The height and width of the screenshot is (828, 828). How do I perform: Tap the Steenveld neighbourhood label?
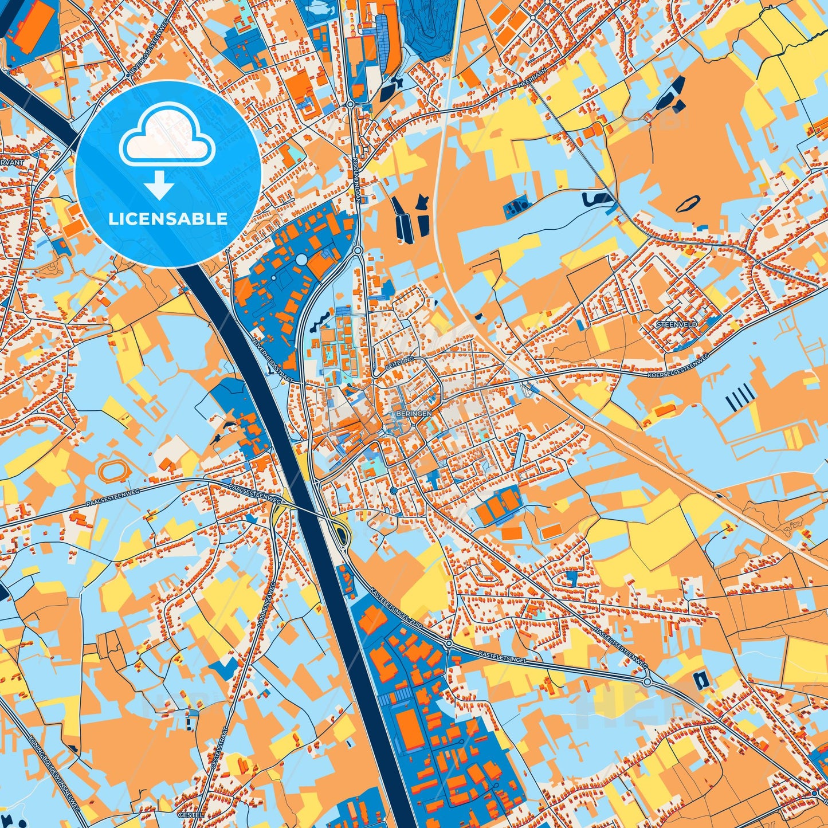pyautogui.click(x=677, y=324)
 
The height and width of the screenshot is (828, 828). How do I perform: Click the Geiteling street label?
pyautogui.click(x=400, y=360)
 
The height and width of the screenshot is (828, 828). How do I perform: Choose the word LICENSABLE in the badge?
pyautogui.click(x=168, y=219)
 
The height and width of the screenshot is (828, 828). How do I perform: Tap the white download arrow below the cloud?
pyautogui.click(x=159, y=186)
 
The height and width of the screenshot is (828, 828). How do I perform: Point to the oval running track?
pyautogui.click(x=110, y=471)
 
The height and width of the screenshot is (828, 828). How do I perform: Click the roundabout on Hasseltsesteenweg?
pyautogui.click(x=648, y=681)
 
